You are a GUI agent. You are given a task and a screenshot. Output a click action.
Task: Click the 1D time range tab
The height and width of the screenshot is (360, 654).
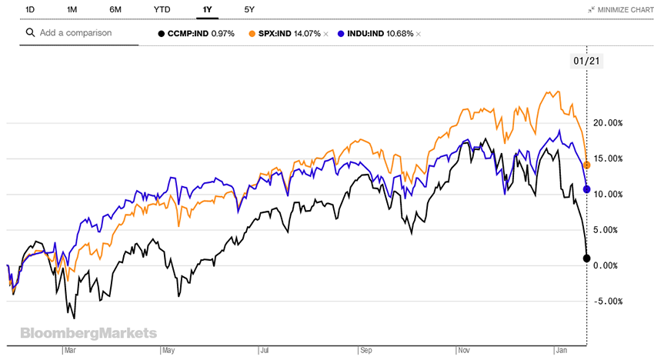click(x=30, y=9)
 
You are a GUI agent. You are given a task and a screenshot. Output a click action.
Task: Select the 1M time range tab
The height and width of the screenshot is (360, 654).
click(x=72, y=9)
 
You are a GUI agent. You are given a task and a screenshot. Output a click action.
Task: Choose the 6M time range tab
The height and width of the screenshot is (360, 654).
click(x=115, y=9)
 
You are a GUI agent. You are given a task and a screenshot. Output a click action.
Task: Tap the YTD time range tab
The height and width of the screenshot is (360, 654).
click(x=162, y=9)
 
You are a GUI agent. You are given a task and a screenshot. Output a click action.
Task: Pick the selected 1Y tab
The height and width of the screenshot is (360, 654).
click(x=207, y=9)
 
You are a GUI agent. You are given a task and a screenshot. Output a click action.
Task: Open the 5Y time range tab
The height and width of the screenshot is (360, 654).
click(x=249, y=9)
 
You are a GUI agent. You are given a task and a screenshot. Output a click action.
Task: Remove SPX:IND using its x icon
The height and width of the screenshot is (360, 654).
click(x=325, y=34)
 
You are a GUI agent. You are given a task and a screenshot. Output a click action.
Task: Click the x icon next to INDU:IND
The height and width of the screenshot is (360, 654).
click(x=419, y=34)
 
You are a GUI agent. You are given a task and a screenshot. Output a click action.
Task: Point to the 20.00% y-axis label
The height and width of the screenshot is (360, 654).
click(x=607, y=123)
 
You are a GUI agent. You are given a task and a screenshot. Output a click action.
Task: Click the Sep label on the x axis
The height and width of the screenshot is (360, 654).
click(x=366, y=350)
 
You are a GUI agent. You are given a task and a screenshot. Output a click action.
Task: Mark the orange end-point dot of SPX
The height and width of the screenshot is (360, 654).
click(x=587, y=165)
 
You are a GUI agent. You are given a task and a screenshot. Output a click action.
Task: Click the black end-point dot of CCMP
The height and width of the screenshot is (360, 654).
click(x=587, y=258)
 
